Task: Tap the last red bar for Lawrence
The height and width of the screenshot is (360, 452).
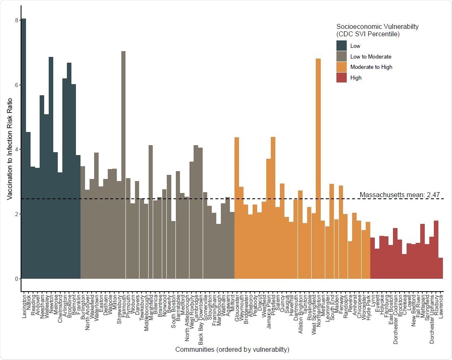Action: (440, 268)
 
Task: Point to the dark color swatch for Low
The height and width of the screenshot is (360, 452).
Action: (341, 46)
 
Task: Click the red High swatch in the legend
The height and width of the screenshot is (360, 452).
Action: (341, 77)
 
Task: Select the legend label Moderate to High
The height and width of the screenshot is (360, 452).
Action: (371, 67)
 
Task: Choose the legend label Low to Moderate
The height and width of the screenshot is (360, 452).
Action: (370, 56)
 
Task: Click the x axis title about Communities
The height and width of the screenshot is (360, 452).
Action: (232, 350)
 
